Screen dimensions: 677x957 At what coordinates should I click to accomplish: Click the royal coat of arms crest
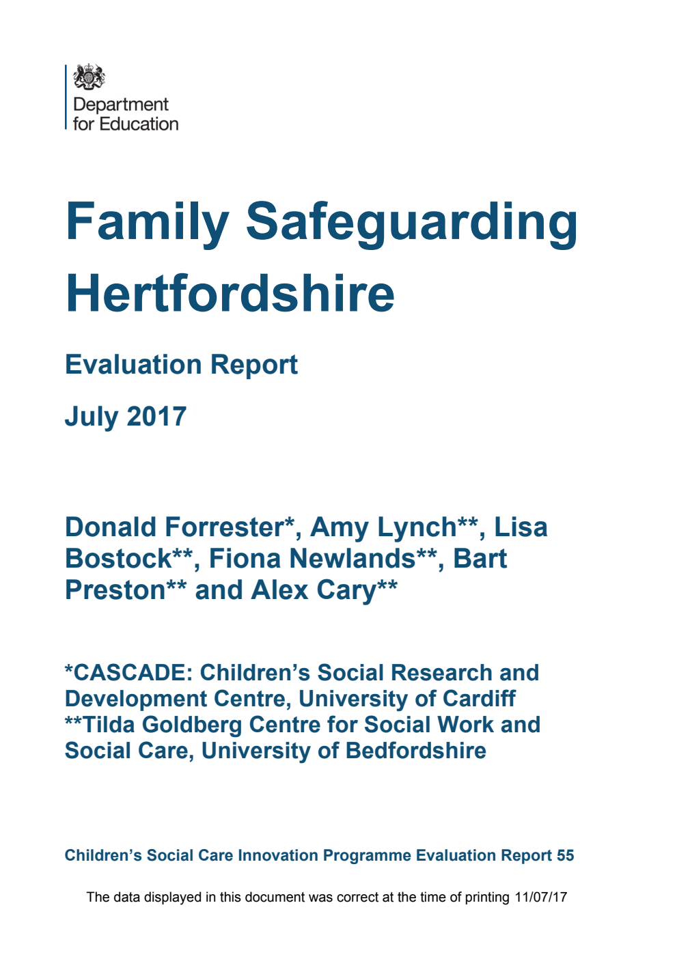click(x=89, y=77)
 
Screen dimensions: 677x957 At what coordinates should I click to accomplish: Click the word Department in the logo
click(x=120, y=105)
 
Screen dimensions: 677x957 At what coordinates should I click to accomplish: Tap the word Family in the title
click(x=147, y=222)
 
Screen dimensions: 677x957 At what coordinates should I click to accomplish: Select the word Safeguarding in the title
click(x=411, y=222)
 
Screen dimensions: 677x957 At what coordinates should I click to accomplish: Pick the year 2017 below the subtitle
click(x=156, y=416)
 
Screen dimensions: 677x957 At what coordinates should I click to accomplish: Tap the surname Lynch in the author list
click(x=423, y=527)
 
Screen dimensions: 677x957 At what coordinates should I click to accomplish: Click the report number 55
click(x=565, y=855)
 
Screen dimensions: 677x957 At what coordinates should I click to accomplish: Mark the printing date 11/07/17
click(x=541, y=897)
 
